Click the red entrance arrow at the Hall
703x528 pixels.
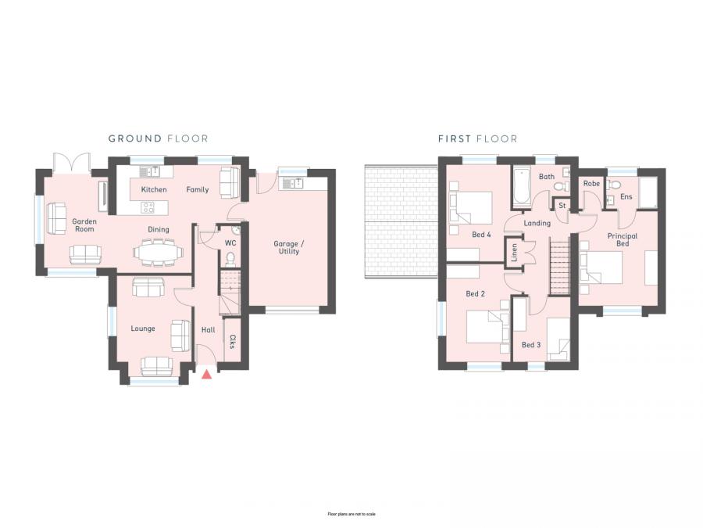206,375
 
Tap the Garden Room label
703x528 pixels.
84,225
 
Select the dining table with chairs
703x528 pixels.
159,252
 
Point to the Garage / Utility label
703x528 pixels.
288,247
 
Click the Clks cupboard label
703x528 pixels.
232,342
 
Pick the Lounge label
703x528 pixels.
143,329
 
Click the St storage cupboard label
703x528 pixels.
562,206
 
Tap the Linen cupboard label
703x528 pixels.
514,252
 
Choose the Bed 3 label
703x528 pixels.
531,345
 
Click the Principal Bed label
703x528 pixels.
622,239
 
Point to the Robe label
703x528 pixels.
591,184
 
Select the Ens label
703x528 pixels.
626,196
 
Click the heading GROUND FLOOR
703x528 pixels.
158,138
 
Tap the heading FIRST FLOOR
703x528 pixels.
477,138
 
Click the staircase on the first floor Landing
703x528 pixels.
561,268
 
